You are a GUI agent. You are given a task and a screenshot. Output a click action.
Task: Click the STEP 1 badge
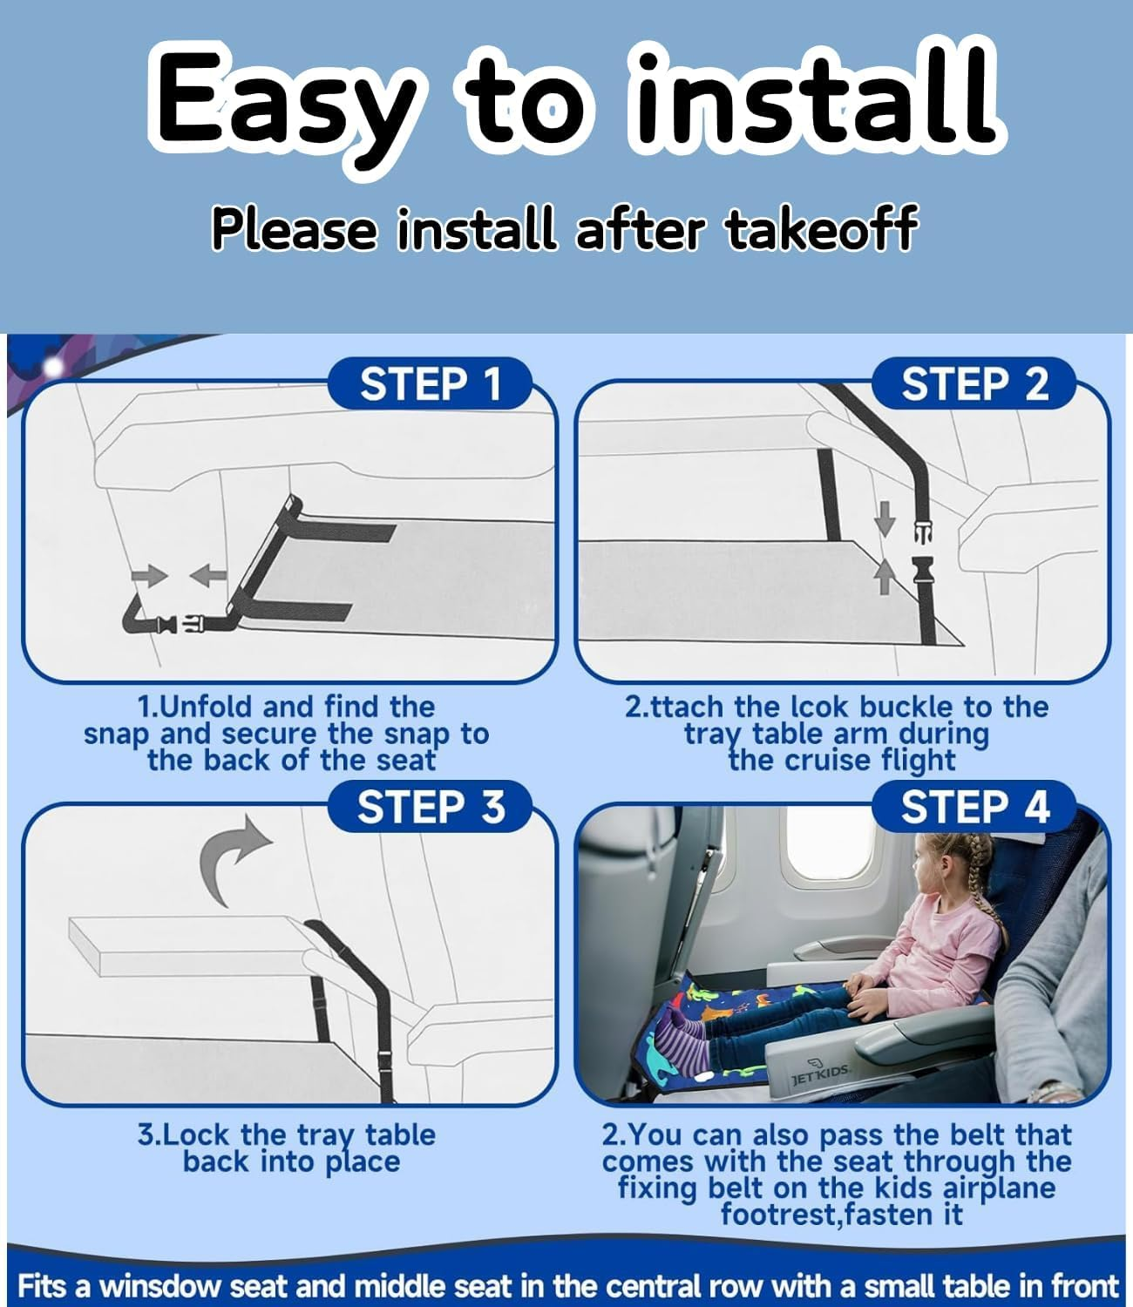point(430,383)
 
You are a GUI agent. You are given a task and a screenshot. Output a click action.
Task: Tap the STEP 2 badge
point(974,383)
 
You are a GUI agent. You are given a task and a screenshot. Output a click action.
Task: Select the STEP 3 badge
point(430,807)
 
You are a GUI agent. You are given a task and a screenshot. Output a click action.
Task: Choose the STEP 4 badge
point(974,807)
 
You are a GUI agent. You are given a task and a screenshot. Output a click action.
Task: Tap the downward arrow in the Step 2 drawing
point(885,518)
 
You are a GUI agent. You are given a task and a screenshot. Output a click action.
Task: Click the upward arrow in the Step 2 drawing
point(885,577)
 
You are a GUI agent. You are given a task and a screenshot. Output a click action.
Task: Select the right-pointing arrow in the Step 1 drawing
point(149,575)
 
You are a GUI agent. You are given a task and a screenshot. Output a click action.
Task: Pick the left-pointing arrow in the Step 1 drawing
point(208,575)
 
